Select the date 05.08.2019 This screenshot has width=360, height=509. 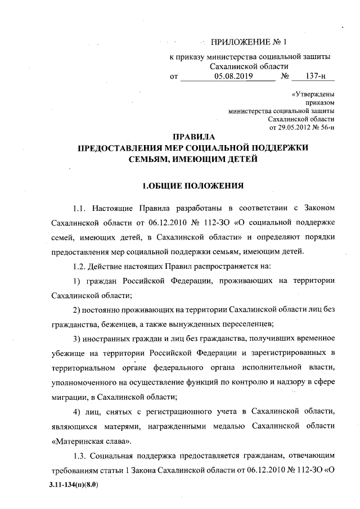(x=233, y=76)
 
